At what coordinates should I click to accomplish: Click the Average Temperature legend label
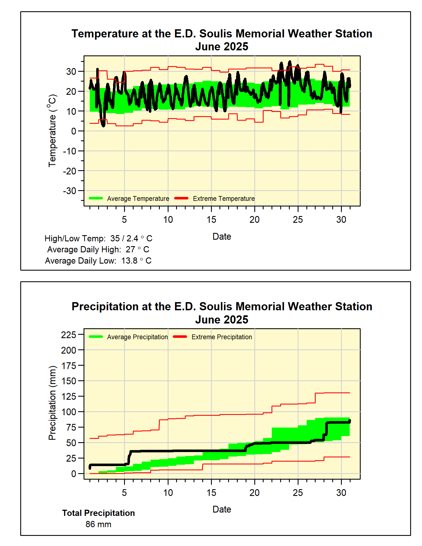coord(138,199)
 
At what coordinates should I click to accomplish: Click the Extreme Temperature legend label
coord(224,199)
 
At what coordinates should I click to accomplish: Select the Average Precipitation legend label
coord(137,337)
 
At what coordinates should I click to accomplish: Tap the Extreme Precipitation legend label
coord(222,337)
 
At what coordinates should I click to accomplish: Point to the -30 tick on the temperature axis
coord(69,191)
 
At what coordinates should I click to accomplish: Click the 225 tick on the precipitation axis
coord(69,335)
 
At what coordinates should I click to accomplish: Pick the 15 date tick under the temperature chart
coord(211,220)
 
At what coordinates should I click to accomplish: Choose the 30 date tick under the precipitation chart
coord(341,493)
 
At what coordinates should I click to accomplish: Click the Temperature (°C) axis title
coord(52,131)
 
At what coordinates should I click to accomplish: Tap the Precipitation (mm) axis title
coord(52,403)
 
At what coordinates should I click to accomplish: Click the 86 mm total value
coord(98,524)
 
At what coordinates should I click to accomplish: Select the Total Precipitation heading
coord(98,513)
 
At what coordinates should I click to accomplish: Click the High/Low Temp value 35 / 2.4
coord(124,239)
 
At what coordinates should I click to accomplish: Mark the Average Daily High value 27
coord(130,250)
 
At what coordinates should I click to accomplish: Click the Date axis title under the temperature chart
coord(222,237)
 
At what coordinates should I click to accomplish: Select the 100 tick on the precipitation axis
coord(69,412)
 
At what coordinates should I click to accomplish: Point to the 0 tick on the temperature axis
coord(73,131)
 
